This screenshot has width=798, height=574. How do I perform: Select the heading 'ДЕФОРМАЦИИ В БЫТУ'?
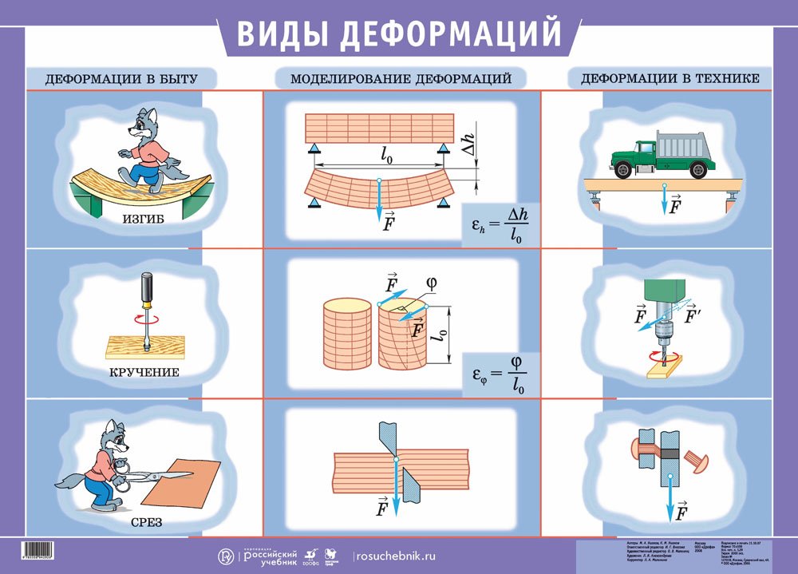pos(120,79)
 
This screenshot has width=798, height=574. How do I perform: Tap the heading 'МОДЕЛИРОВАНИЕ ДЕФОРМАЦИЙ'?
pos(401,79)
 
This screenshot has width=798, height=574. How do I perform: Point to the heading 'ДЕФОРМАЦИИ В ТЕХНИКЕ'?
pos(670,78)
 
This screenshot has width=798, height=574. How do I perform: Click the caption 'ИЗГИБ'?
pos(144,218)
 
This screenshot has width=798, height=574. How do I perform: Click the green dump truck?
pos(662,154)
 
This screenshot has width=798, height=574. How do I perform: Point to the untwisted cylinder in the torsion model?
pos(346,334)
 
